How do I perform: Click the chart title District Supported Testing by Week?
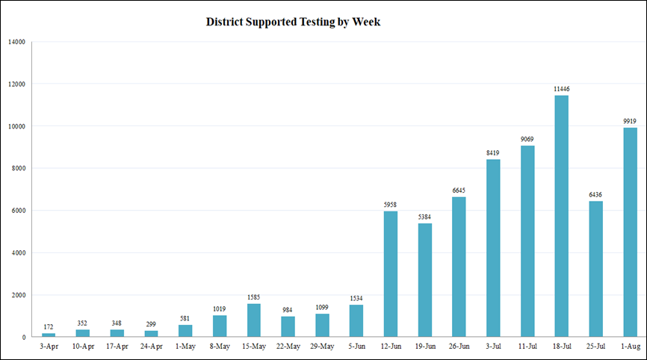tap(293, 22)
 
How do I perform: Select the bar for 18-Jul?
tap(561, 216)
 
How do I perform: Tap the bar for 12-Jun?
tap(391, 274)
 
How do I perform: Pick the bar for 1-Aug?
tap(629, 232)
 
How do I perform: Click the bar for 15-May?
tap(254, 320)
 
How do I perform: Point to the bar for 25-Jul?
tap(595, 269)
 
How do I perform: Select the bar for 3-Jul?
tap(493, 248)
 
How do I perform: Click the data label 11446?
tap(561, 89)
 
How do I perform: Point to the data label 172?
tap(49, 326)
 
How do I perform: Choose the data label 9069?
tap(527, 139)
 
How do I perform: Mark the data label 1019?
tap(220, 308)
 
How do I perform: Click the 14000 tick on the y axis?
tap(16, 42)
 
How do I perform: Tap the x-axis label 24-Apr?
tap(151, 347)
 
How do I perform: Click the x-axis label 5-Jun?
tap(356, 347)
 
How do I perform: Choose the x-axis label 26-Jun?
tap(459, 347)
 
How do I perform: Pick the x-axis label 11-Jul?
tap(527, 347)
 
